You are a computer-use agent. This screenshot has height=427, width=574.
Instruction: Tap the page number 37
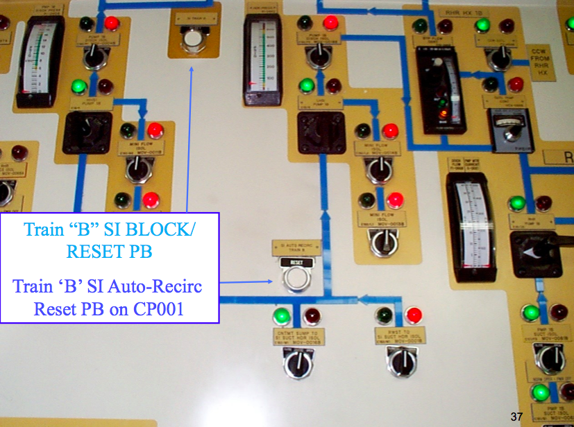tap(516, 417)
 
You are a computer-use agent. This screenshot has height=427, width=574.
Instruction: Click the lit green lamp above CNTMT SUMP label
tap(282, 316)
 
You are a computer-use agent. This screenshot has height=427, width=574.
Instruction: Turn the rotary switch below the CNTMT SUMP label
tap(297, 363)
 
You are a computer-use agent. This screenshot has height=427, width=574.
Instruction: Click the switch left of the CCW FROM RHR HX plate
tap(498, 58)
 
